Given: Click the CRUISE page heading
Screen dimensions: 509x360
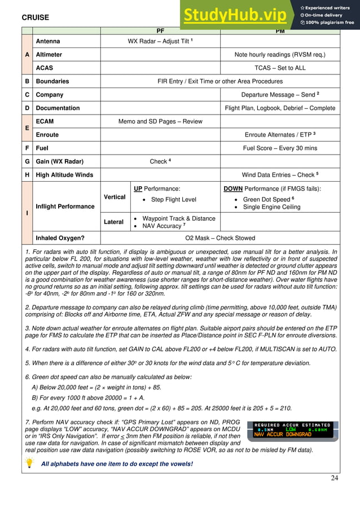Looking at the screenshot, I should pyautogui.click(x=36, y=17).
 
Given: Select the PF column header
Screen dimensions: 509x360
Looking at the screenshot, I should pyautogui.click(x=160, y=30).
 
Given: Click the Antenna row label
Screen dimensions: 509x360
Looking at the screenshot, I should pyautogui.click(x=48, y=41).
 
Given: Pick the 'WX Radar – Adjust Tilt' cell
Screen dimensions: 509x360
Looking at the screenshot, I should pyautogui.click(x=160, y=41).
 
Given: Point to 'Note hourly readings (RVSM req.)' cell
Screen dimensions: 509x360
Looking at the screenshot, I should pyautogui.click(x=280, y=55).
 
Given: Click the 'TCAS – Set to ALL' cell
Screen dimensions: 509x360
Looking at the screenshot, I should pyautogui.click(x=280, y=68).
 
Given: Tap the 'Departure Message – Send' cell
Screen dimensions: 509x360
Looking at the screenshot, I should pyautogui.click(x=280, y=95).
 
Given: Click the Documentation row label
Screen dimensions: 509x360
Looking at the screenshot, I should pyautogui.click(x=58, y=108).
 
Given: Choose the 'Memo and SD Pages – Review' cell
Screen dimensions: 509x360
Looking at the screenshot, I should pyautogui.click(x=160, y=121).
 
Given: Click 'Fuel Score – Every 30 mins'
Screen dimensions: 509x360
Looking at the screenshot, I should pyautogui.click(x=280, y=148).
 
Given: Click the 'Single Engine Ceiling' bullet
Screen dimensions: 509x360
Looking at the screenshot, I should pyautogui.click(x=271, y=207).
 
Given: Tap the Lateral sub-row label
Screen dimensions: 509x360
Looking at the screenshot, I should pyautogui.click(x=113, y=222).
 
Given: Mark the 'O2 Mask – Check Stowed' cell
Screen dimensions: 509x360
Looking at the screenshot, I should pyautogui.click(x=220, y=238).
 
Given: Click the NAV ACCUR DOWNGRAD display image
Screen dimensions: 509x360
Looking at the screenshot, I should pyautogui.click(x=292, y=429).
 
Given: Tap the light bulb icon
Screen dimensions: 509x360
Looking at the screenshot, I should pyautogui.click(x=29, y=463).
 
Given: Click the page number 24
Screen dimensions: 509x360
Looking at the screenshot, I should pyautogui.click(x=335, y=478).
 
